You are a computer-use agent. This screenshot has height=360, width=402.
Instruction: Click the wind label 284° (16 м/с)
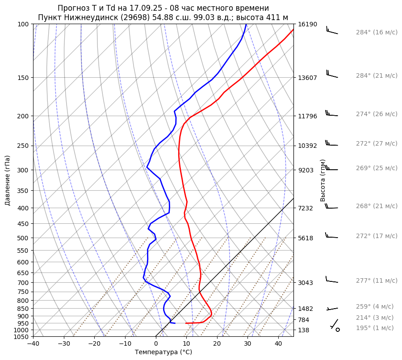point(377,33)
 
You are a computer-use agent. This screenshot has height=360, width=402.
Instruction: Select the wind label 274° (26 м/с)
point(377,114)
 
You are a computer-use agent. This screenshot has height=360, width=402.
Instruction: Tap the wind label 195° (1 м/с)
point(375,328)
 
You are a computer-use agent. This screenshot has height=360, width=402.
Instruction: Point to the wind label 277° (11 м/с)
point(377,280)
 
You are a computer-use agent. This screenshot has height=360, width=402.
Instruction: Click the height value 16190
point(307,24)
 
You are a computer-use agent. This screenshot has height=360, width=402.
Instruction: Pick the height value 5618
point(306,238)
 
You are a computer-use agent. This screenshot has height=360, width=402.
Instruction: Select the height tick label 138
point(304,330)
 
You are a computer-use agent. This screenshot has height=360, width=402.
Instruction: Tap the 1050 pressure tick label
point(21,337)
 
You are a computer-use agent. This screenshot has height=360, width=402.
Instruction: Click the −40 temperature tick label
point(33,344)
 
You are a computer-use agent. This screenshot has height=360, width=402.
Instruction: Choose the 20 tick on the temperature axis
point(217,344)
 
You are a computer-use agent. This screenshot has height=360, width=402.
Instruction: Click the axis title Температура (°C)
point(163,352)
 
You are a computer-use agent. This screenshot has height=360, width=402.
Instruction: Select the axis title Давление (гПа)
point(8,180)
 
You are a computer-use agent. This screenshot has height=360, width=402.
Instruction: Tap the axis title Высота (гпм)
point(323,180)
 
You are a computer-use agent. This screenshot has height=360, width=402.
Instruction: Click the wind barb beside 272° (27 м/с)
point(331,144)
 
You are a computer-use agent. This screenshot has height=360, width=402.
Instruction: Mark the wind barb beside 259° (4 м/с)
point(333,308)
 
